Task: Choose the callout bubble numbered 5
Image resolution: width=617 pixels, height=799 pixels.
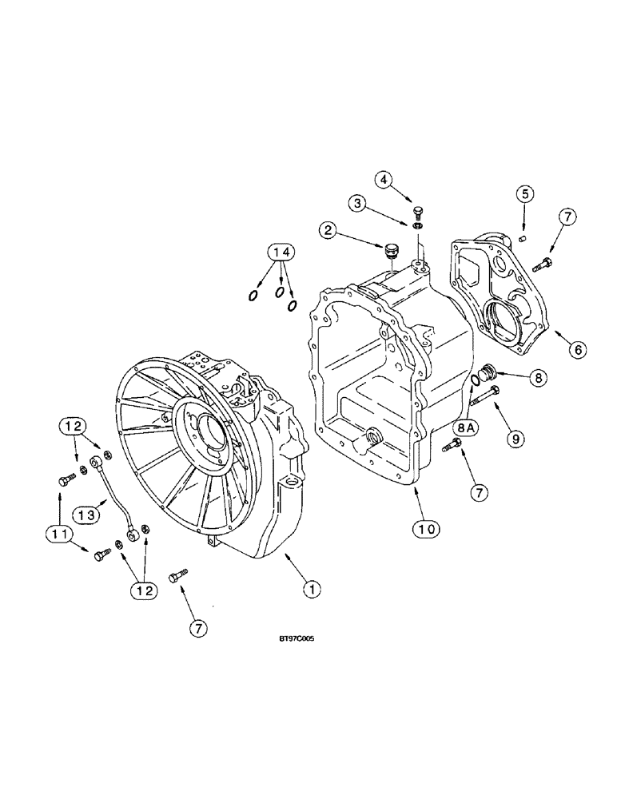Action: (x=523, y=193)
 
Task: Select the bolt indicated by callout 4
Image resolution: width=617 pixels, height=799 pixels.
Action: (x=417, y=211)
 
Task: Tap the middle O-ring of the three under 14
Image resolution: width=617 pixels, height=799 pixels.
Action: (x=280, y=294)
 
